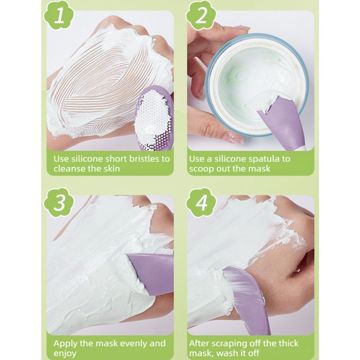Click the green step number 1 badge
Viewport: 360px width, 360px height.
[59, 16]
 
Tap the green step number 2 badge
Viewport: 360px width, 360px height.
[201, 16]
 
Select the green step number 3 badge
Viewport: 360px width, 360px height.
[59, 202]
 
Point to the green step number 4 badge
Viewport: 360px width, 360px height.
[201, 202]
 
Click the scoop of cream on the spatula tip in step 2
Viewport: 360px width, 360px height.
[264, 101]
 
